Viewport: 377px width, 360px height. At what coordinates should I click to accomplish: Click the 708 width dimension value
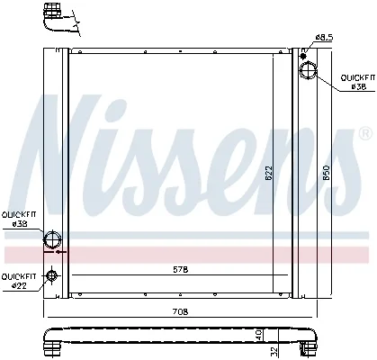[180, 311]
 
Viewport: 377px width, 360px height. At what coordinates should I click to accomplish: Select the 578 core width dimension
[181, 270]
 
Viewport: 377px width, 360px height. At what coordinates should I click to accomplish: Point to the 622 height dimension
[268, 174]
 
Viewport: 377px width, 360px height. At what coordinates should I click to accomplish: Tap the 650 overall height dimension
[327, 173]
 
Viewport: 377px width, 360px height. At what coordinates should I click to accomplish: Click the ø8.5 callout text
[324, 38]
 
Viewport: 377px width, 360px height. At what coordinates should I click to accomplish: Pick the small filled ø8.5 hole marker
[303, 56]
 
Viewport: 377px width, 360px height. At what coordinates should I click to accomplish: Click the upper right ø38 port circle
[309, 70]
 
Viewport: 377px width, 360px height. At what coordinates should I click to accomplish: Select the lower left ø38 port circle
[53, 239]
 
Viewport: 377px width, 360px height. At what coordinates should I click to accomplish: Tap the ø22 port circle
[51, 274]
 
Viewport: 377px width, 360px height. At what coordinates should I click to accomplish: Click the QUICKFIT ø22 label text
[19, 281]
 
